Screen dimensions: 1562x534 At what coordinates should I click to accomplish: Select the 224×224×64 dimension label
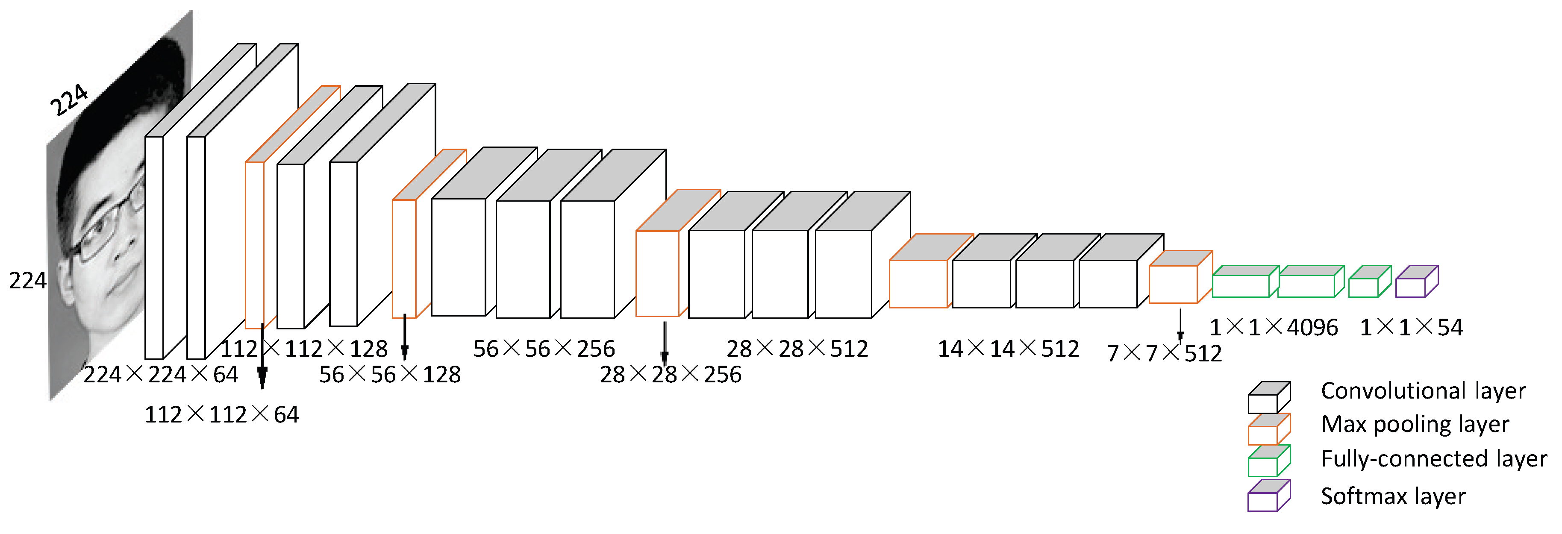coord(161,375)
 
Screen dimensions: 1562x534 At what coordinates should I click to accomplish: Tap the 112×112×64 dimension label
coord(221,414)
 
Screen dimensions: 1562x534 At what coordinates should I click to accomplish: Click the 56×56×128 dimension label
coord(390,375)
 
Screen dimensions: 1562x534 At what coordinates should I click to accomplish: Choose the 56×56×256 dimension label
coord(544,349)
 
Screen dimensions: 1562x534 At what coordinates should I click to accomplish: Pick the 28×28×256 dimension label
coord(671,375)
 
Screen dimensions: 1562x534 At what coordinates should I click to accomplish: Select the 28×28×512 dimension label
coord(797,349)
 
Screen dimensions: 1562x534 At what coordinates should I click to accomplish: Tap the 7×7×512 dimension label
coord(1164,353)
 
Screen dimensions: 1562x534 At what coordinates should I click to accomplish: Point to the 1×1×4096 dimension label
coord(1274,327)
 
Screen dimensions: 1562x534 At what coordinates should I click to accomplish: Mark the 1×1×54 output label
coord(1411,327)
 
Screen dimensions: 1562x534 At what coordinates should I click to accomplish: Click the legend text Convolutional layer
coord(1423,391)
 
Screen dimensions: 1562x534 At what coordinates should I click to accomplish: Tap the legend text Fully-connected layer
coord(1433,459)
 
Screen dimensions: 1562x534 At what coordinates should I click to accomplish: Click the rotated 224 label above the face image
coord(68,100)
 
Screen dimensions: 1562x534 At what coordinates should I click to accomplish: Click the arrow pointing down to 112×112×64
coord(262,358)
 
